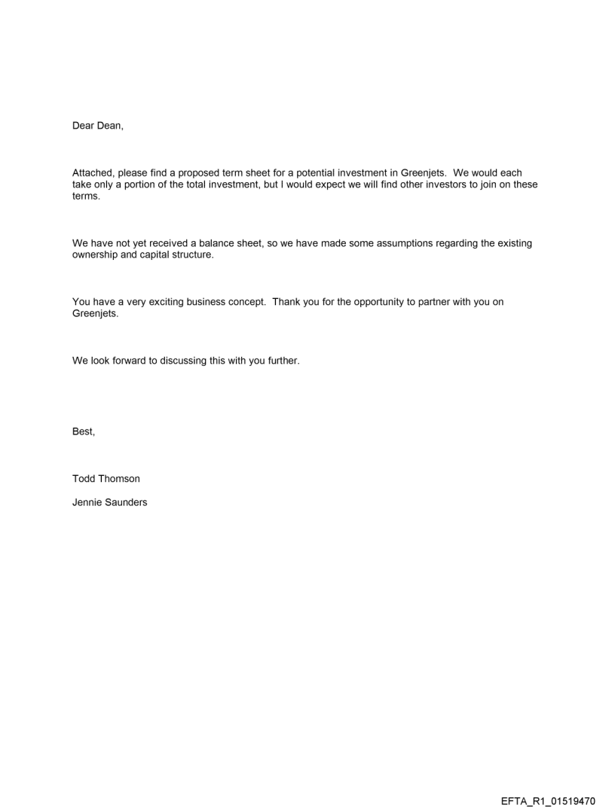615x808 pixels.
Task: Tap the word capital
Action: [x=156, y=254]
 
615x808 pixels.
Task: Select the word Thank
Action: [x=287, y=302]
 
